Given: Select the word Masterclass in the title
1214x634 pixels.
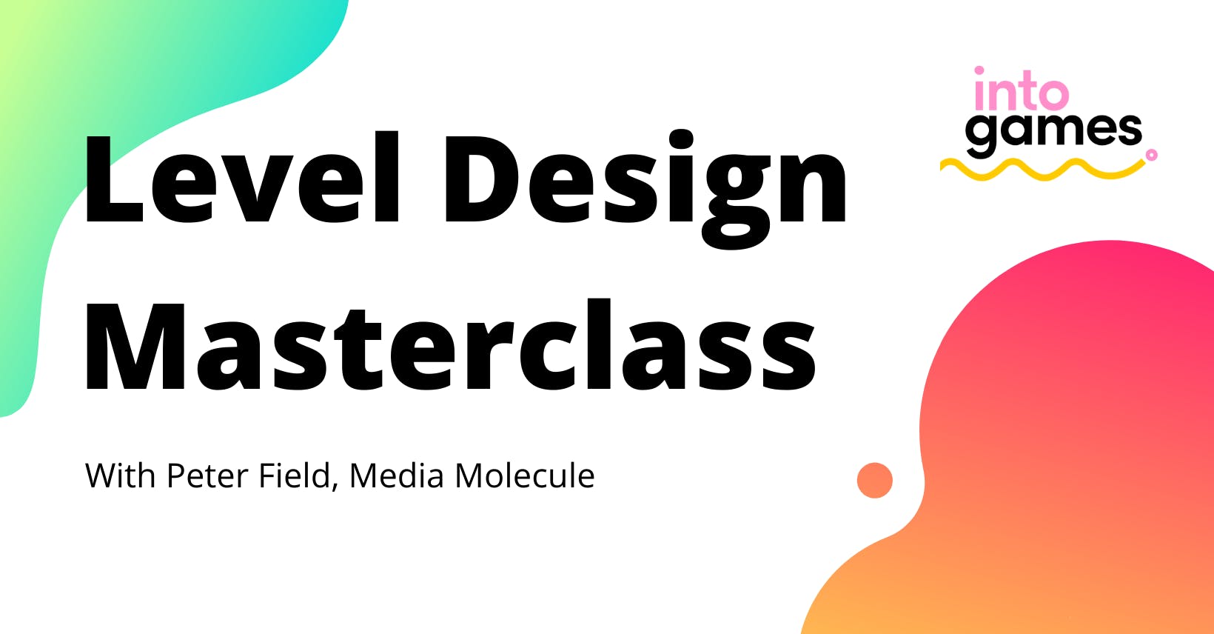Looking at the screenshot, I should click(x=450, y=347).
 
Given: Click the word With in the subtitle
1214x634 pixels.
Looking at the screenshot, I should click(x=121, y=475).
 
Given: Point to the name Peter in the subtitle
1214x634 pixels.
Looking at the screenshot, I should click(x=207, y=475).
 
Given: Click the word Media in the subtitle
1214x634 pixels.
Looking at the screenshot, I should click(x=397, y=475).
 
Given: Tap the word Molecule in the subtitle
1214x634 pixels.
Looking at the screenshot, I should click(x=524, y=475).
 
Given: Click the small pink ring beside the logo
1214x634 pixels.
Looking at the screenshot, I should click(x=1151, y=155).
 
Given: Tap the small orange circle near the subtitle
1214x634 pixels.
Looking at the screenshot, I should click(x=875, y=480).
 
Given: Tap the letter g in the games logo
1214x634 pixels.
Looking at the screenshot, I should click(x=982, y=136).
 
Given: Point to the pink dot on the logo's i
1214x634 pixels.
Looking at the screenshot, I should click(x=979, y=72).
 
